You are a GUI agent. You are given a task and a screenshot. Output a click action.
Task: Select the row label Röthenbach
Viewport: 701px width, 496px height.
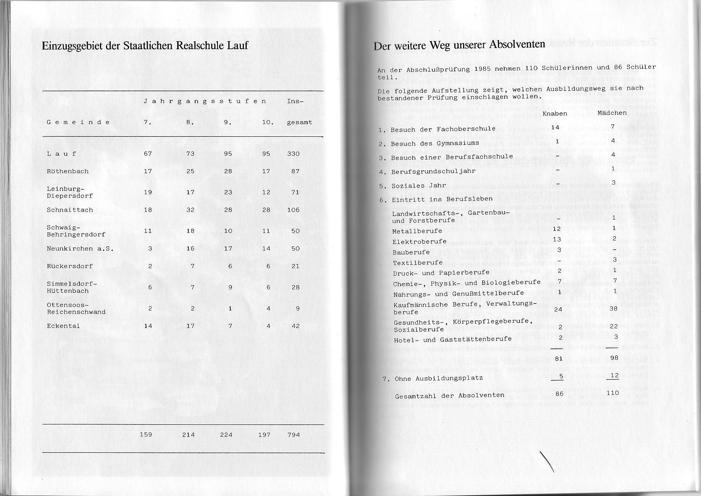point(68,171)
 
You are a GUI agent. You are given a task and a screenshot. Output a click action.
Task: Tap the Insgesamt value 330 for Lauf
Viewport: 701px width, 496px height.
point(293,154)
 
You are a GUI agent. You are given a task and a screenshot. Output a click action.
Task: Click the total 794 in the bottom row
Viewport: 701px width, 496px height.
point(293,434)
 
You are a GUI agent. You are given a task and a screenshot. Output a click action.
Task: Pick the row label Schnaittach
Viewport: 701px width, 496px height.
point(70,210)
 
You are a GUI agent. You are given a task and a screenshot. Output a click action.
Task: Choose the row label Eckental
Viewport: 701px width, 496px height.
point(63,326)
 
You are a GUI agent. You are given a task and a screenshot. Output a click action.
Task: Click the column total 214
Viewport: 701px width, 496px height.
point(188,434)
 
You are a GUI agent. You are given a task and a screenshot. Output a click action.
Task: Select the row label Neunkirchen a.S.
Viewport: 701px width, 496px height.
point(80,248)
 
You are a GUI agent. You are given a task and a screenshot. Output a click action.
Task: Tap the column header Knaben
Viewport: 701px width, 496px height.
point(555,114)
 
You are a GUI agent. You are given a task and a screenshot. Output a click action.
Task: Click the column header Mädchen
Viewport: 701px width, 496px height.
point(612,113)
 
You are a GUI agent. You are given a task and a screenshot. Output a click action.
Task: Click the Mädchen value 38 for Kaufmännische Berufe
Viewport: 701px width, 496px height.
point(614,308)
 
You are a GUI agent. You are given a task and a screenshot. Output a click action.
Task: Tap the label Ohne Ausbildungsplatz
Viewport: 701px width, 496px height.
point(439,378)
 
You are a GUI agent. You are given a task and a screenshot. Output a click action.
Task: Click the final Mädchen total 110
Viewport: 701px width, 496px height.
point(613,393)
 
